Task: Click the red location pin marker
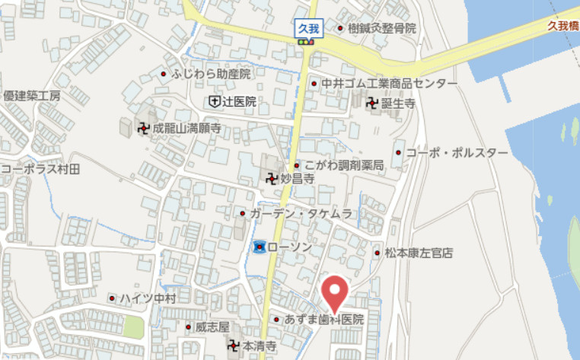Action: [333, 293]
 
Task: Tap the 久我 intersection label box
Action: [308, 29]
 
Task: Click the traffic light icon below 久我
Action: [307, 43]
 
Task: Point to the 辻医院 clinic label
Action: [239, 101]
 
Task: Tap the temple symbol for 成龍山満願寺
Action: [143, 129]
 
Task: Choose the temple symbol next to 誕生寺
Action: [372, 104]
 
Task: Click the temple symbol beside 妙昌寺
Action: [271, 180]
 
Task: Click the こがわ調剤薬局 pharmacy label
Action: [343, 165]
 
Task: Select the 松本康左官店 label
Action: [419, 252]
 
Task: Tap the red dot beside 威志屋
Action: [189, 327]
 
